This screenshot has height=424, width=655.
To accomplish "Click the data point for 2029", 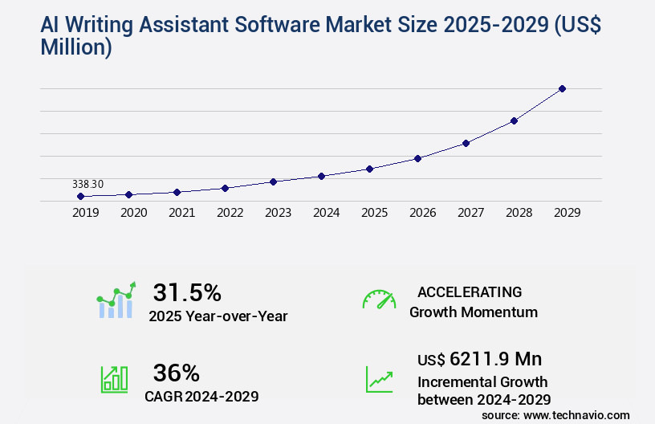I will click(562, 88).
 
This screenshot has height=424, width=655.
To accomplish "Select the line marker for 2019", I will click(80, 196).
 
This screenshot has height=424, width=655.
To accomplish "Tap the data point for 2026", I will click(417, 158).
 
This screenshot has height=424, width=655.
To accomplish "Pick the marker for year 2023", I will click(273, 181).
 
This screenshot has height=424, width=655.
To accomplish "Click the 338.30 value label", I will click(87, 184).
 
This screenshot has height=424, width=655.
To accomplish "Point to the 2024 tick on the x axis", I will click(326, 213).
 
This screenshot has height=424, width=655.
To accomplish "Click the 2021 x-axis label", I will click(181, 213).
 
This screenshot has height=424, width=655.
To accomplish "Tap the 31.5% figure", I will click(187, 292).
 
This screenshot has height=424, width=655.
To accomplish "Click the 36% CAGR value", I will click(176, 373).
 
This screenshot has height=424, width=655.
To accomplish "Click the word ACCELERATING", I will click(470, 291).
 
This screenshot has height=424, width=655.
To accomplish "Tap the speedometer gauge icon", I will click(379, 300).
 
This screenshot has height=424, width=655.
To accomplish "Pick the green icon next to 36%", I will click(114, 379).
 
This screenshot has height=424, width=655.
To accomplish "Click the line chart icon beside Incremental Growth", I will click(379, 379).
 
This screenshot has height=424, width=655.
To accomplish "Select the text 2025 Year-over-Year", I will click(218, 316).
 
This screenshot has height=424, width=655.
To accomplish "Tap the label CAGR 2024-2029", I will click(201, 396).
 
